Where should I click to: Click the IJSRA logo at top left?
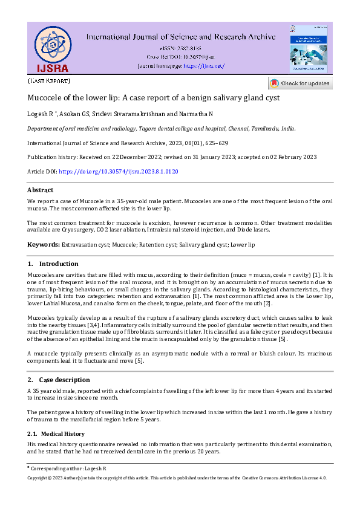coord(51,49)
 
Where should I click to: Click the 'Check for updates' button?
coord(299,83)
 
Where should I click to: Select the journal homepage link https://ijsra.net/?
coord(203,65)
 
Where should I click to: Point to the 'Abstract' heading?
coord(40,190)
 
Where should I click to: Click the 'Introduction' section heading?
coord(58,264)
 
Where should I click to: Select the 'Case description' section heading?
coord(64,380)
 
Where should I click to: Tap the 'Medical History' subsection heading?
coord(63,433)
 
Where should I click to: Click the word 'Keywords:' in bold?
coord(43,244)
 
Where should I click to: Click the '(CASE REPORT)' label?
coord(49,80)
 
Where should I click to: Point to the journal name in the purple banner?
coord(181,36)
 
